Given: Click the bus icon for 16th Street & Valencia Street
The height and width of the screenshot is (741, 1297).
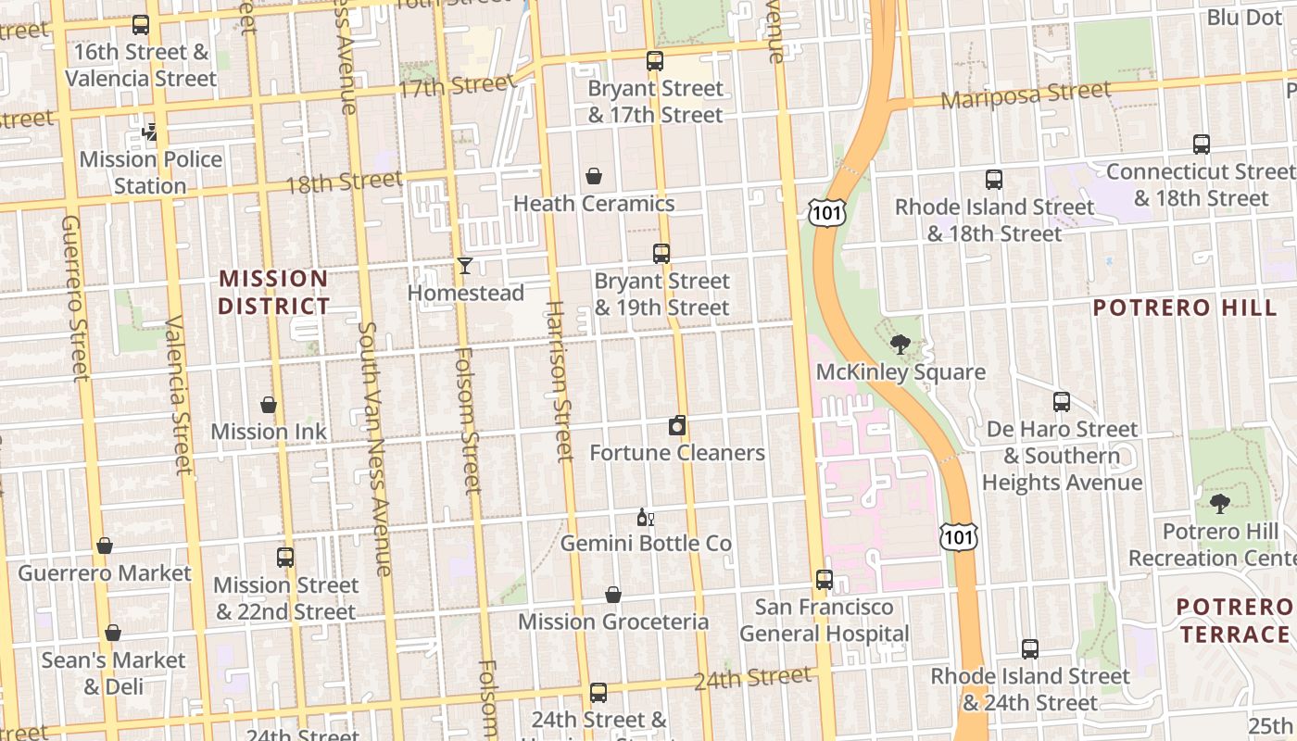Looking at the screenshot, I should (141, 25).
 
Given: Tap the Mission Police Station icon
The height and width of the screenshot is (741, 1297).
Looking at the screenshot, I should (150, 132).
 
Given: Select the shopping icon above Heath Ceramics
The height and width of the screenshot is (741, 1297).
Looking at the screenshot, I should (594, 176).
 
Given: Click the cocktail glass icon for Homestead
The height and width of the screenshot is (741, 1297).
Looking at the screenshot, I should (465, 267).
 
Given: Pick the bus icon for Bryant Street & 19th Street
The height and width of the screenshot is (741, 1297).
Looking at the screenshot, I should (661, 254).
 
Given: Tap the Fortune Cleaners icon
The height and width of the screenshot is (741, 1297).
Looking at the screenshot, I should (678, 426).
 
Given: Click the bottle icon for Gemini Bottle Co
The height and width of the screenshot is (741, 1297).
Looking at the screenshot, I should (645, 517).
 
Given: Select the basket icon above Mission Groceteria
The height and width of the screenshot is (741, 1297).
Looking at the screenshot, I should (613, 595).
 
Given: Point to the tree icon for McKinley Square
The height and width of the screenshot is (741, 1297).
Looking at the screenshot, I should (900, 345).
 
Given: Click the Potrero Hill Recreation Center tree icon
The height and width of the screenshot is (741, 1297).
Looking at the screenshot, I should (1220, 504).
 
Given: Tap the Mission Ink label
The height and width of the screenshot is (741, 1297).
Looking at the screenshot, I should (269, 432).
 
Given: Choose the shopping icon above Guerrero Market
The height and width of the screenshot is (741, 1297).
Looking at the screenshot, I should (105, 546).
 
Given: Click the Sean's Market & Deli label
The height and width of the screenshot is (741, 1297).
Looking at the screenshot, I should (113, 673).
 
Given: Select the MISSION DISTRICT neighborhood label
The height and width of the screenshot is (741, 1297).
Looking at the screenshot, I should (274, 292).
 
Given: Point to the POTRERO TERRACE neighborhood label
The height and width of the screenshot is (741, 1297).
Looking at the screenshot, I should (1234, 621).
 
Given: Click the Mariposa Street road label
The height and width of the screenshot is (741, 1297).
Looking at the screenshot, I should (1026, 94).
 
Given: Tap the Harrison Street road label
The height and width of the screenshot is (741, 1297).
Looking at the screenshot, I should (559, 380).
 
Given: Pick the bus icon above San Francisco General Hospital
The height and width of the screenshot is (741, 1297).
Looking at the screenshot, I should (825, 580).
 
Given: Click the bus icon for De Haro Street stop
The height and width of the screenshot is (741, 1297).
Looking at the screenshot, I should (1062, 402).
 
